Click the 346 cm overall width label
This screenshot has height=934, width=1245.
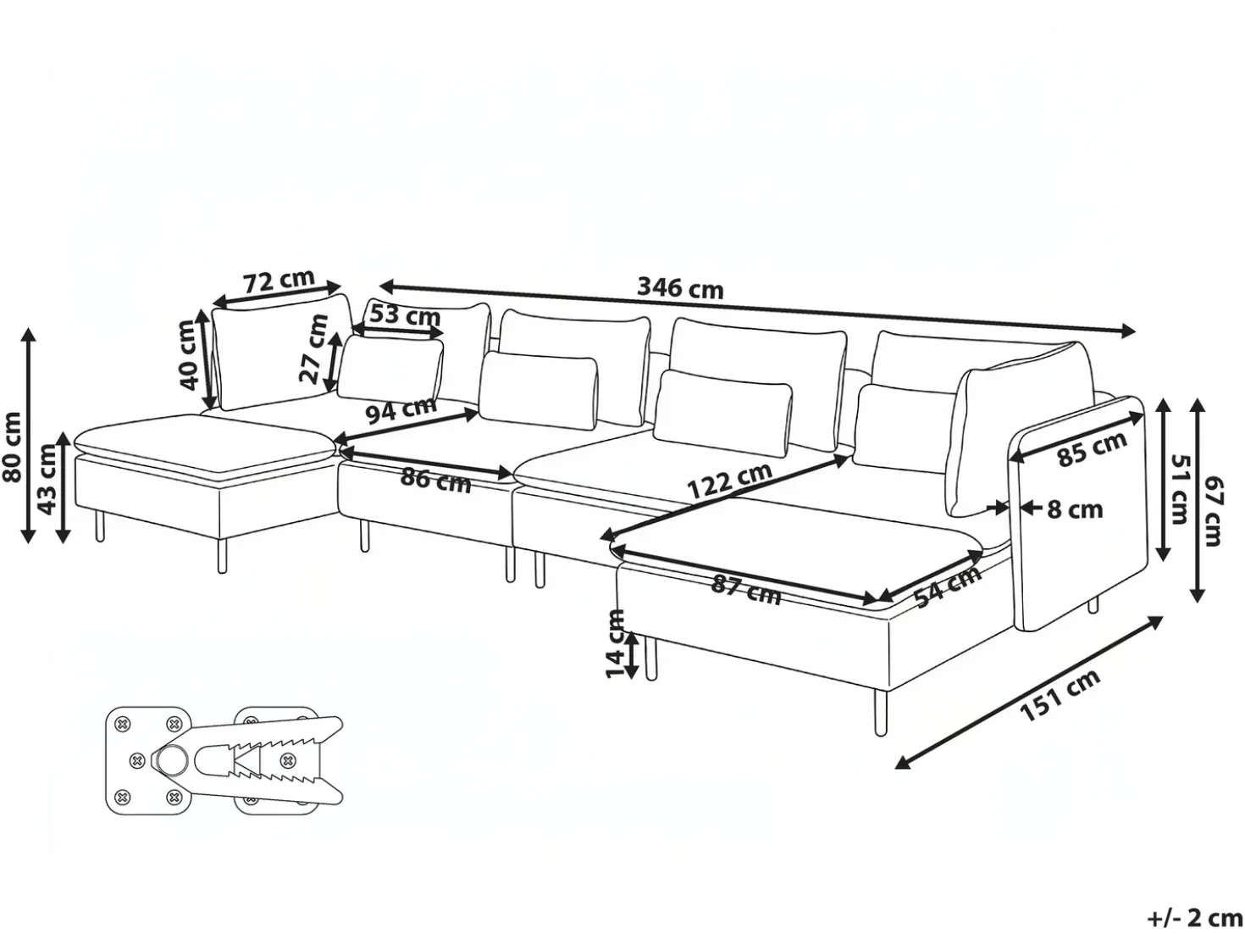680,288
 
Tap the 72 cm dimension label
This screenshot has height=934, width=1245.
279,280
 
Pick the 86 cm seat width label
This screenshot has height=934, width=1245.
435,481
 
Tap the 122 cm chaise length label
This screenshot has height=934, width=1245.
729,480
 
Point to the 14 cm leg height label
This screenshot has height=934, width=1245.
615,643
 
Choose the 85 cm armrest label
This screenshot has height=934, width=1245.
1093,450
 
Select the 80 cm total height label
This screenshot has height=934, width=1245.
11,448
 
